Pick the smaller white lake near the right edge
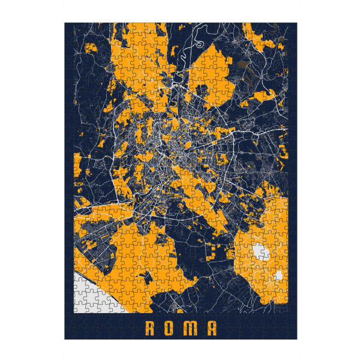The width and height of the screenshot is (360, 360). click(x=279, y=276)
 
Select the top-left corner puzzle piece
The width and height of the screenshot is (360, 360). click(x=69, y=27)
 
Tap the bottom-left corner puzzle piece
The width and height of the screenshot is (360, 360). click(x=69, y=335)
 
